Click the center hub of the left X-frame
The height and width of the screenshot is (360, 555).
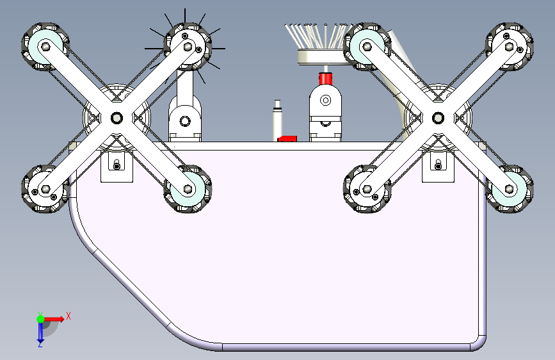click(117, 118)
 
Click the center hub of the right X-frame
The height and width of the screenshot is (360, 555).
click(438, 118)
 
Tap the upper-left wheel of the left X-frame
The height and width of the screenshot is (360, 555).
click(45, 46)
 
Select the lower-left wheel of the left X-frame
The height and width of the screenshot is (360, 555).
click(45, 189)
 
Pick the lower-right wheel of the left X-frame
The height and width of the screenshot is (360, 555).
click(188, 189)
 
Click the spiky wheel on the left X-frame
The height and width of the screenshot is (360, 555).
click(188, 46)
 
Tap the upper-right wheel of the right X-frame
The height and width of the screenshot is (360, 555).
click(510, 46)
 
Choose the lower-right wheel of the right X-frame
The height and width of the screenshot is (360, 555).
click(510, 189)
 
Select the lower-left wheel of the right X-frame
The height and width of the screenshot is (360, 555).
click(367, 189)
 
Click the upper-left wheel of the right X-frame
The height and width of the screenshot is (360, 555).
click(367, 46)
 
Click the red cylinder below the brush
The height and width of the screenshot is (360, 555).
click(326, 79)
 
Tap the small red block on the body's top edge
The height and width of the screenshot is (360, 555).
click(287, 138)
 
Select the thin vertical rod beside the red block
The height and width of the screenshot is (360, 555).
click(277, 120)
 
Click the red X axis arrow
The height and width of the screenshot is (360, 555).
click(54, 319)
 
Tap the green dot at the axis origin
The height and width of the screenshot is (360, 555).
click(40, 319)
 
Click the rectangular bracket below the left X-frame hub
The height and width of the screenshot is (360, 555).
click(117, 166)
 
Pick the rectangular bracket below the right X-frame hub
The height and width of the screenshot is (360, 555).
click(438, 166)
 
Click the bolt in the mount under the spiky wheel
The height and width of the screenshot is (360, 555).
click(184, 121)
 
